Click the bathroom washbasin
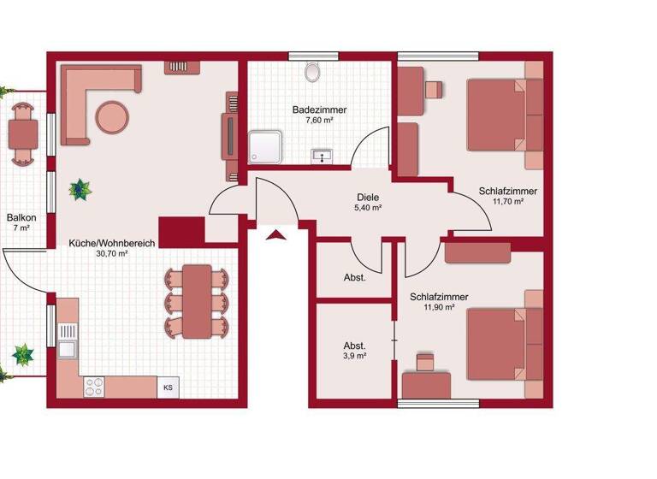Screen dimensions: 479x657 click(x=323, y=155)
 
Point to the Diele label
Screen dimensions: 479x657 click(x=368, y=196)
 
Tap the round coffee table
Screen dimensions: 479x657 click(x=113, y=116)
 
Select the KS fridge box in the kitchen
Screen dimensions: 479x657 click(x=168, y=386)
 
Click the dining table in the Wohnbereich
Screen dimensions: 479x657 click(x=198, y=301)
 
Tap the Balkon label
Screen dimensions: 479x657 click(x=21, y=218)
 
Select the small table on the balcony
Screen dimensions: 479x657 click(x=23, y=133)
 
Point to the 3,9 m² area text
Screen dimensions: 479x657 click(x=355, y=356)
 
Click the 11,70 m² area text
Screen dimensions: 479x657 click(x=509, y=203)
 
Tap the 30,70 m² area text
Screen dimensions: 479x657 click(x=111, y=254)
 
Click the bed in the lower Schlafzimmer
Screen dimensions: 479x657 click(x=498, y=342)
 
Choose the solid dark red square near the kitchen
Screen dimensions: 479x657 click(x=181, y=231)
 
